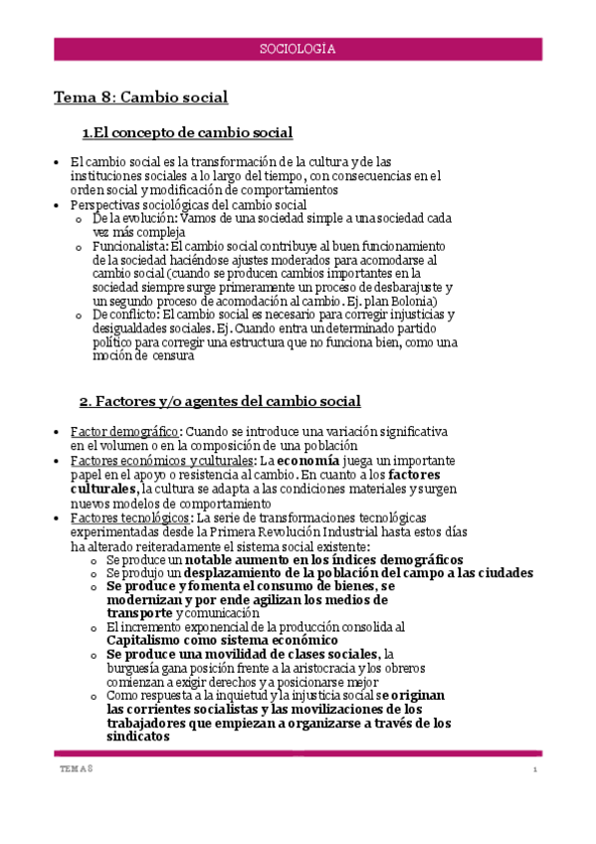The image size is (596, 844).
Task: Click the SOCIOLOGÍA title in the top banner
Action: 298,48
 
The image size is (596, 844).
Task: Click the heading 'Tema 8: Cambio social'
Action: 140,98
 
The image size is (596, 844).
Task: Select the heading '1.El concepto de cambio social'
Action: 187,133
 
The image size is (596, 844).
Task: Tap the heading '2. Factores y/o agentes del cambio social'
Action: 220,401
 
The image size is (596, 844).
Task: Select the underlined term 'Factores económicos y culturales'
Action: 161,461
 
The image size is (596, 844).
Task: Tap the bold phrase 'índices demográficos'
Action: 397,560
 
